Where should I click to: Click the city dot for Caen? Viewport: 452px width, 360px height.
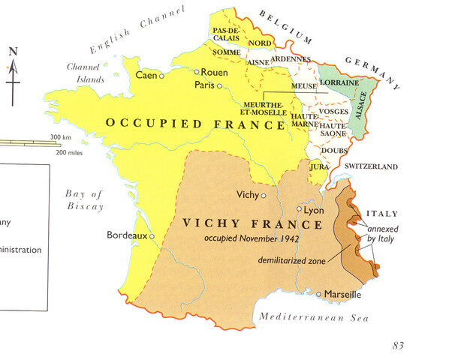coord(161,76)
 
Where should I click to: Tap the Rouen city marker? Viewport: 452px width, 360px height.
coord(196,72)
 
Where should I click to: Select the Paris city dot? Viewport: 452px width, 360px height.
coord(218,85)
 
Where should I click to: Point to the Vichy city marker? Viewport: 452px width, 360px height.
coord(264,195)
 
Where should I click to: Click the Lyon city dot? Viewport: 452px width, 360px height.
coord(299,209)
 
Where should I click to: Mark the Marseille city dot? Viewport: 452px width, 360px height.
coord(319,294)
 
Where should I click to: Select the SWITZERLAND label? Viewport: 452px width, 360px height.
coord(371,166)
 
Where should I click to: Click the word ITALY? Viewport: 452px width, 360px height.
coord(383,214)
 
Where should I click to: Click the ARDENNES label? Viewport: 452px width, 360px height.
coord(287,58)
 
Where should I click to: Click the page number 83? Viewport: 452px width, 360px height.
coord(399,345)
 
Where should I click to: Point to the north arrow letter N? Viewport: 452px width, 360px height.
coord(13,52)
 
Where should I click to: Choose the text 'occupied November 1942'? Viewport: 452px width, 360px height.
coord(247,238)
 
